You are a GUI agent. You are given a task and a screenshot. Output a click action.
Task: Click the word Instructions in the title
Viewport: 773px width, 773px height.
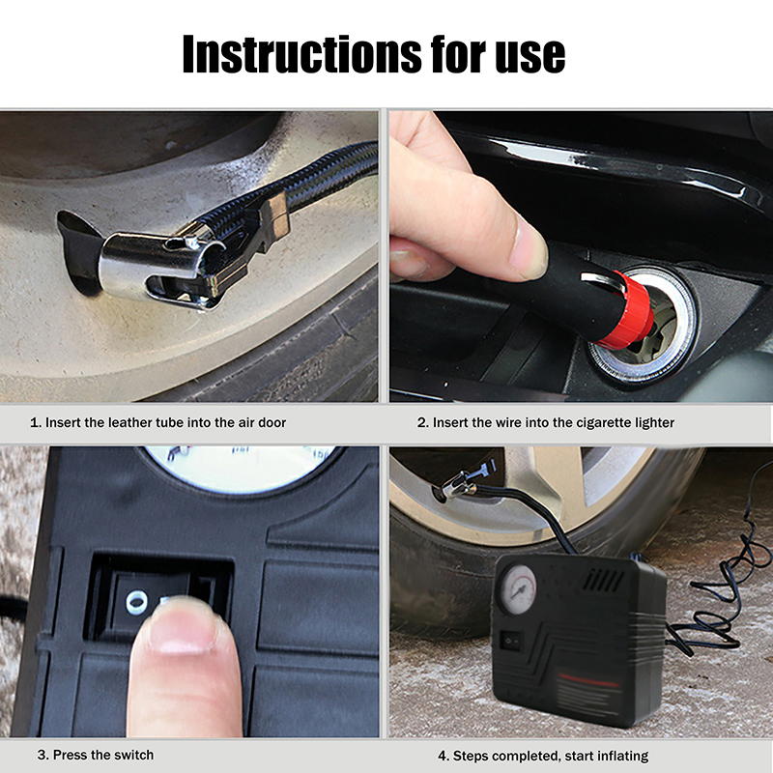[301, 54]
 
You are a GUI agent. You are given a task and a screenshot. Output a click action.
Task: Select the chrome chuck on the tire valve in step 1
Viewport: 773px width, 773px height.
[161, 268]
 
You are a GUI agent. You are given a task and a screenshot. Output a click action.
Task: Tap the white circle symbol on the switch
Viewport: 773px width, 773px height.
[136, 602]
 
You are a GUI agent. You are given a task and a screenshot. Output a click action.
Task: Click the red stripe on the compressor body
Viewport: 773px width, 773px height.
[588, 680]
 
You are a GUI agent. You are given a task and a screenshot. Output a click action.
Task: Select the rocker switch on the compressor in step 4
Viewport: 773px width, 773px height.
[511, 641]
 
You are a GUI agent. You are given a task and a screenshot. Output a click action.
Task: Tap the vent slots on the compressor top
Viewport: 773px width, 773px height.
[603, 580]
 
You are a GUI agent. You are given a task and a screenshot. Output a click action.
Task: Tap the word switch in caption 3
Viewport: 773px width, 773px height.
[133, 755]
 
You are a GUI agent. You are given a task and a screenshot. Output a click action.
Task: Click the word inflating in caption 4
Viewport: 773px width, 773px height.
[623, 756]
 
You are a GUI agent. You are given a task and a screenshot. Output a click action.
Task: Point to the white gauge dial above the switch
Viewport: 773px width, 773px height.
[240, 470]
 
